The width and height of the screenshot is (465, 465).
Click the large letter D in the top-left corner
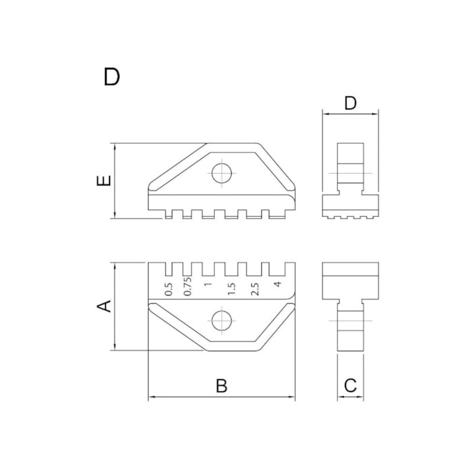coord(111,77)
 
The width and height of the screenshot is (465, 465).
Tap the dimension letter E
coord(104,182)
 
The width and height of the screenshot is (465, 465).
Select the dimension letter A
coord(104,306)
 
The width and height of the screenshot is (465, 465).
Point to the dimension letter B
coord(222,386)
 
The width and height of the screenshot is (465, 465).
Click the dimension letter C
coord(350,386)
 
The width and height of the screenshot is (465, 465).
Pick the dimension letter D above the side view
coord(350,103)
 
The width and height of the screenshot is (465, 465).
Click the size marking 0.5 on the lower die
coord(169,289)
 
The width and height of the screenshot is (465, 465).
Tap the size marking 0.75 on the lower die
coord(188,287)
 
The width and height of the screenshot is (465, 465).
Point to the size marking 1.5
coord(231,288)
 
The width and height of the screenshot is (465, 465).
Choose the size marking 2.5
coord(253,288)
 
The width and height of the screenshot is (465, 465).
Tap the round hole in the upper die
coord(222,172)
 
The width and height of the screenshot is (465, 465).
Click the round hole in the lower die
coord(222,320)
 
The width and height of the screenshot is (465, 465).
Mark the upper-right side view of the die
coord(350,180)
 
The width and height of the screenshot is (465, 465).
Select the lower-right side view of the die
coord(350,306)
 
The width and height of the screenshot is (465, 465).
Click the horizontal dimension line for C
coord(350,397)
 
